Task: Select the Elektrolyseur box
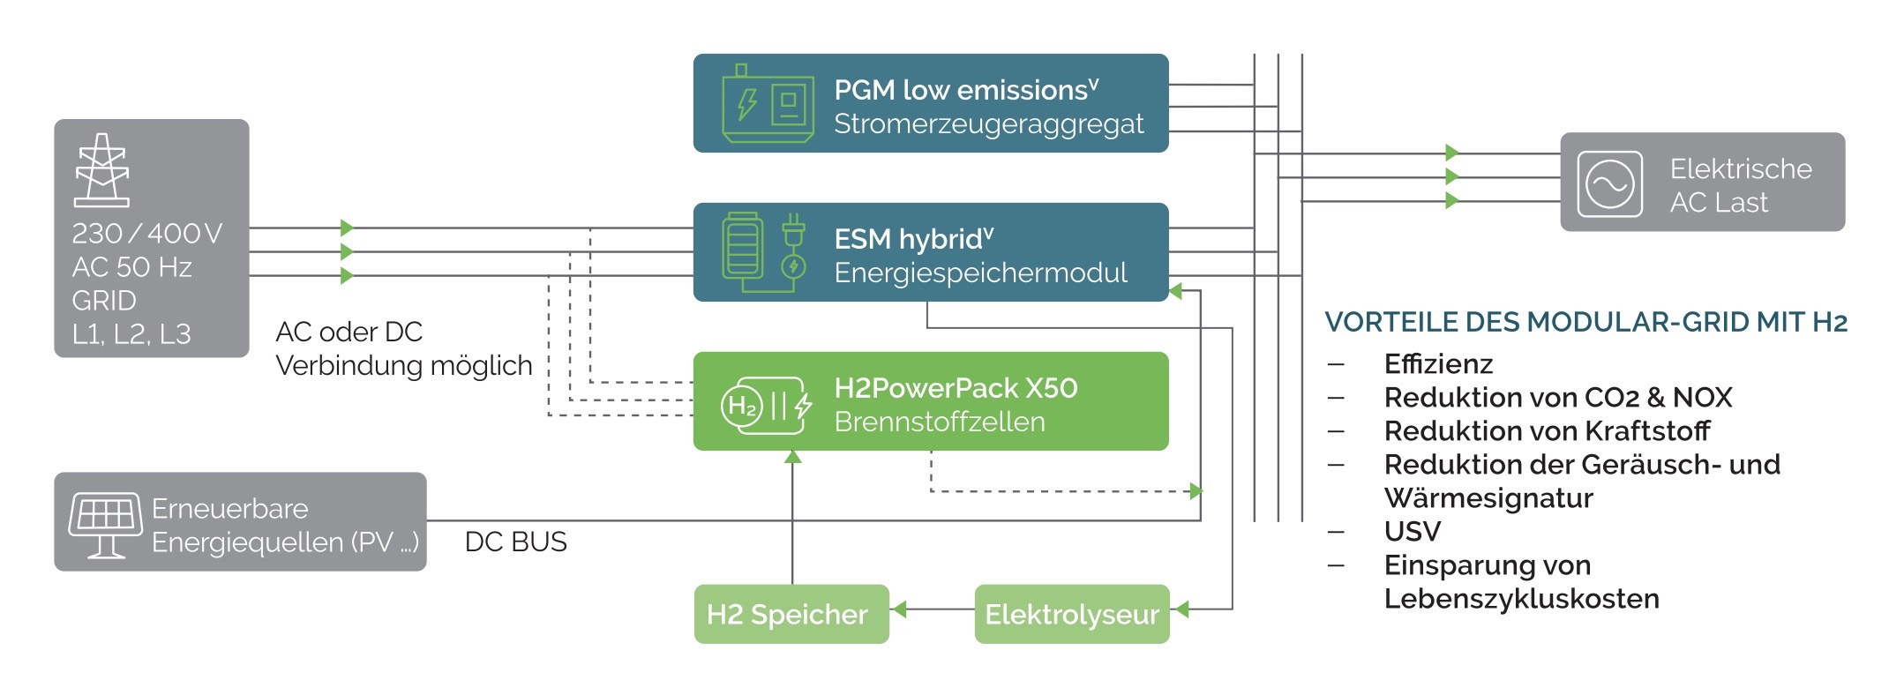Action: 1071,614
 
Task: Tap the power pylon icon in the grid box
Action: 102,170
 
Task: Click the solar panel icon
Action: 106,524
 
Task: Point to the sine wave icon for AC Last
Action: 1609,183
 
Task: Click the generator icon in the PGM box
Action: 767,104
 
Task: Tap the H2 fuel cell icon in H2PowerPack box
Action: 765,406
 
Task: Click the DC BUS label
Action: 515,542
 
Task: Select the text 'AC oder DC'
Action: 349,332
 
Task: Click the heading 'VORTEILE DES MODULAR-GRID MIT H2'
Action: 1585,322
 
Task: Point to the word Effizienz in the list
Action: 1438,363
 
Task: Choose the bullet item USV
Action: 1412,531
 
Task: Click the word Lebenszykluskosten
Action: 1521,599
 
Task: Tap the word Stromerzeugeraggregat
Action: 988,124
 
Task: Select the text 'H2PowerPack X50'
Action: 956,388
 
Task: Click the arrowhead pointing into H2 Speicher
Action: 899,609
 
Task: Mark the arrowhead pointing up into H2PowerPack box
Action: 792,457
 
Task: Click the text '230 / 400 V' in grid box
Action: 146,233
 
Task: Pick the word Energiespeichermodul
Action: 980,273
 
